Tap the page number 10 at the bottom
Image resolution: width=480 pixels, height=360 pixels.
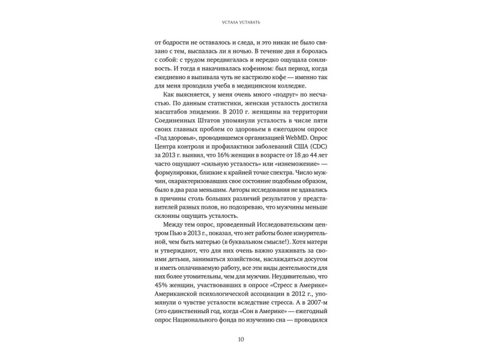pos(239,340)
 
